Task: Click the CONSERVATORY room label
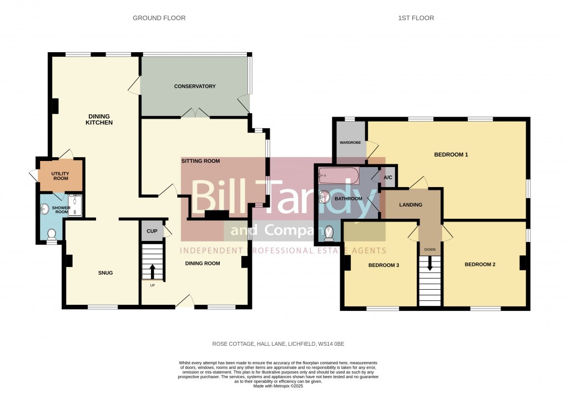pos(194,87)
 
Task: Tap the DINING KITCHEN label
pos(100,119)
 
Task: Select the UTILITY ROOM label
pos(60,176)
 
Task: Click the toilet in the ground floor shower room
pos(52,238)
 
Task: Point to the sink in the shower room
pos(44,208)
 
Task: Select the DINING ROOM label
pos(202,264)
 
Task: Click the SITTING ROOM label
pos(200,161)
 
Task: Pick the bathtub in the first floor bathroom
pos(338,177)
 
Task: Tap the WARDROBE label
pos(350,143)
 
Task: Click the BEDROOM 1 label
pos(451,154)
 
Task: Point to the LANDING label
pos(411,205)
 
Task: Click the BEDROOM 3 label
pos(383,265)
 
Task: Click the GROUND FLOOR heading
pos(159,18)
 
